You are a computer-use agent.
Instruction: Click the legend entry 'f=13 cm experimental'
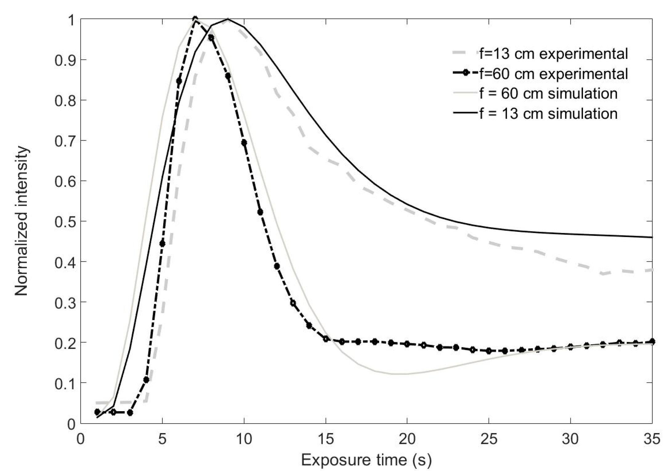click(553, 54)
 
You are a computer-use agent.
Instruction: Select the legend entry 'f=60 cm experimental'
click(553, 74)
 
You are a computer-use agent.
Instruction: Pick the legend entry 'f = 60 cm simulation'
click(548, 94)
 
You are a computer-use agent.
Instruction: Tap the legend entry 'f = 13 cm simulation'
click(548, 114)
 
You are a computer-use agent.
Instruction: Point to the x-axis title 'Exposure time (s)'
click(366, 460)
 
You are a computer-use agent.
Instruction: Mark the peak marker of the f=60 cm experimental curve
click(195, 19)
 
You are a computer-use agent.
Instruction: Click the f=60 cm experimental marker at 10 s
click(244, 142)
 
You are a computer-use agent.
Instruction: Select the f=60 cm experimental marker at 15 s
click(326, 339)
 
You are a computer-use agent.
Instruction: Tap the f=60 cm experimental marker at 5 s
click(162, 244)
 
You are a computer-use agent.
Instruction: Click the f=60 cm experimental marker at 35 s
click(652, 342)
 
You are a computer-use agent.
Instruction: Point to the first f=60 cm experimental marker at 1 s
click(97, 412)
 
